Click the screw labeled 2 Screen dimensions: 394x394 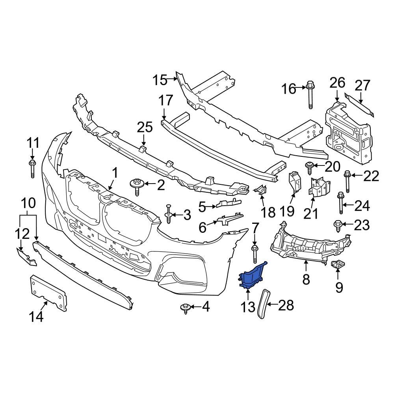(x=137, y=186)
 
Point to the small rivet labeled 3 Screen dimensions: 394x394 (x=168, y=214)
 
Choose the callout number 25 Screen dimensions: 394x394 (x=144, y=127)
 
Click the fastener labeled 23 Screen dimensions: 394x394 (x=338, y=225)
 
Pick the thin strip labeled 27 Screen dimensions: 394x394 (x=359, y=104)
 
